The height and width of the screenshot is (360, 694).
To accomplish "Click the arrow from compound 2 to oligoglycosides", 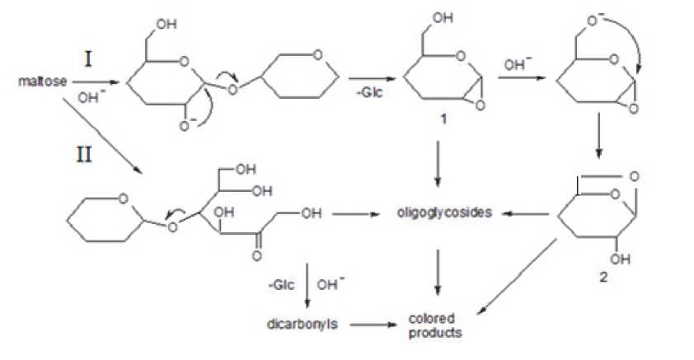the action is [x=525, y=213].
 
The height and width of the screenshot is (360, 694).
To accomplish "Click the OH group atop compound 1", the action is [x=441, y=19].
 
